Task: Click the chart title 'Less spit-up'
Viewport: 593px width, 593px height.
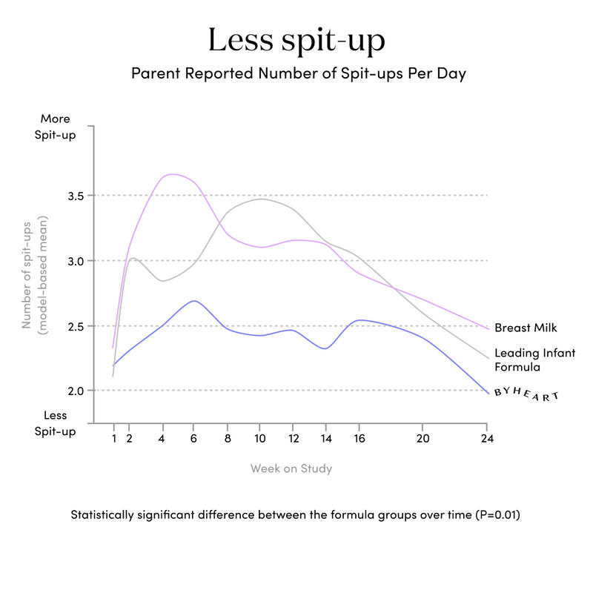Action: (296, 41)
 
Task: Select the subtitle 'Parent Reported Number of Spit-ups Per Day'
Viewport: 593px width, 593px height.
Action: (299, 73)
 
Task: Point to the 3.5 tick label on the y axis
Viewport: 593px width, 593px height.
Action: (76, 196)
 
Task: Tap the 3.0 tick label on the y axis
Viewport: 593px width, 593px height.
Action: (76, 262)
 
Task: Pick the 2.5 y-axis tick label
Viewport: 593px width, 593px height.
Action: (76, 326)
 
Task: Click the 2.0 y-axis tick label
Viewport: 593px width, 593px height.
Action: (76, 391)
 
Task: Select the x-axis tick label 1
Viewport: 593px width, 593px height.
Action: (114, 438)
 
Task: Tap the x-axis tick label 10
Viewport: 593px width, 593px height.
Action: (260, 438)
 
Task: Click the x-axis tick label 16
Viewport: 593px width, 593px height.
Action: (360, 438)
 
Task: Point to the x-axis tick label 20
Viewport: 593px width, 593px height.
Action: (423, 438)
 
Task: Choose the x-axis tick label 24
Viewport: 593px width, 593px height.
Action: (487, 438)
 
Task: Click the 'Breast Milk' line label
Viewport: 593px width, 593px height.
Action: (526, 328)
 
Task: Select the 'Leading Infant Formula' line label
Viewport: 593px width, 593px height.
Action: (534, 360)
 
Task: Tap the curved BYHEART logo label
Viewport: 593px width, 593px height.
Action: (526, 394)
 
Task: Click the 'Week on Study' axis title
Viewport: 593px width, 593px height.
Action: (291, 468)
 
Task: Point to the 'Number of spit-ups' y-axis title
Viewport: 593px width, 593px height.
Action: (26, 275)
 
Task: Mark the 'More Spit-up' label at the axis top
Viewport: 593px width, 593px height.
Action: (55, 127)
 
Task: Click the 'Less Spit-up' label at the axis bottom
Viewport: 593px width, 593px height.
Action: (55, 423)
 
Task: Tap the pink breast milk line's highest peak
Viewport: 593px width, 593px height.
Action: (173, 174)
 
